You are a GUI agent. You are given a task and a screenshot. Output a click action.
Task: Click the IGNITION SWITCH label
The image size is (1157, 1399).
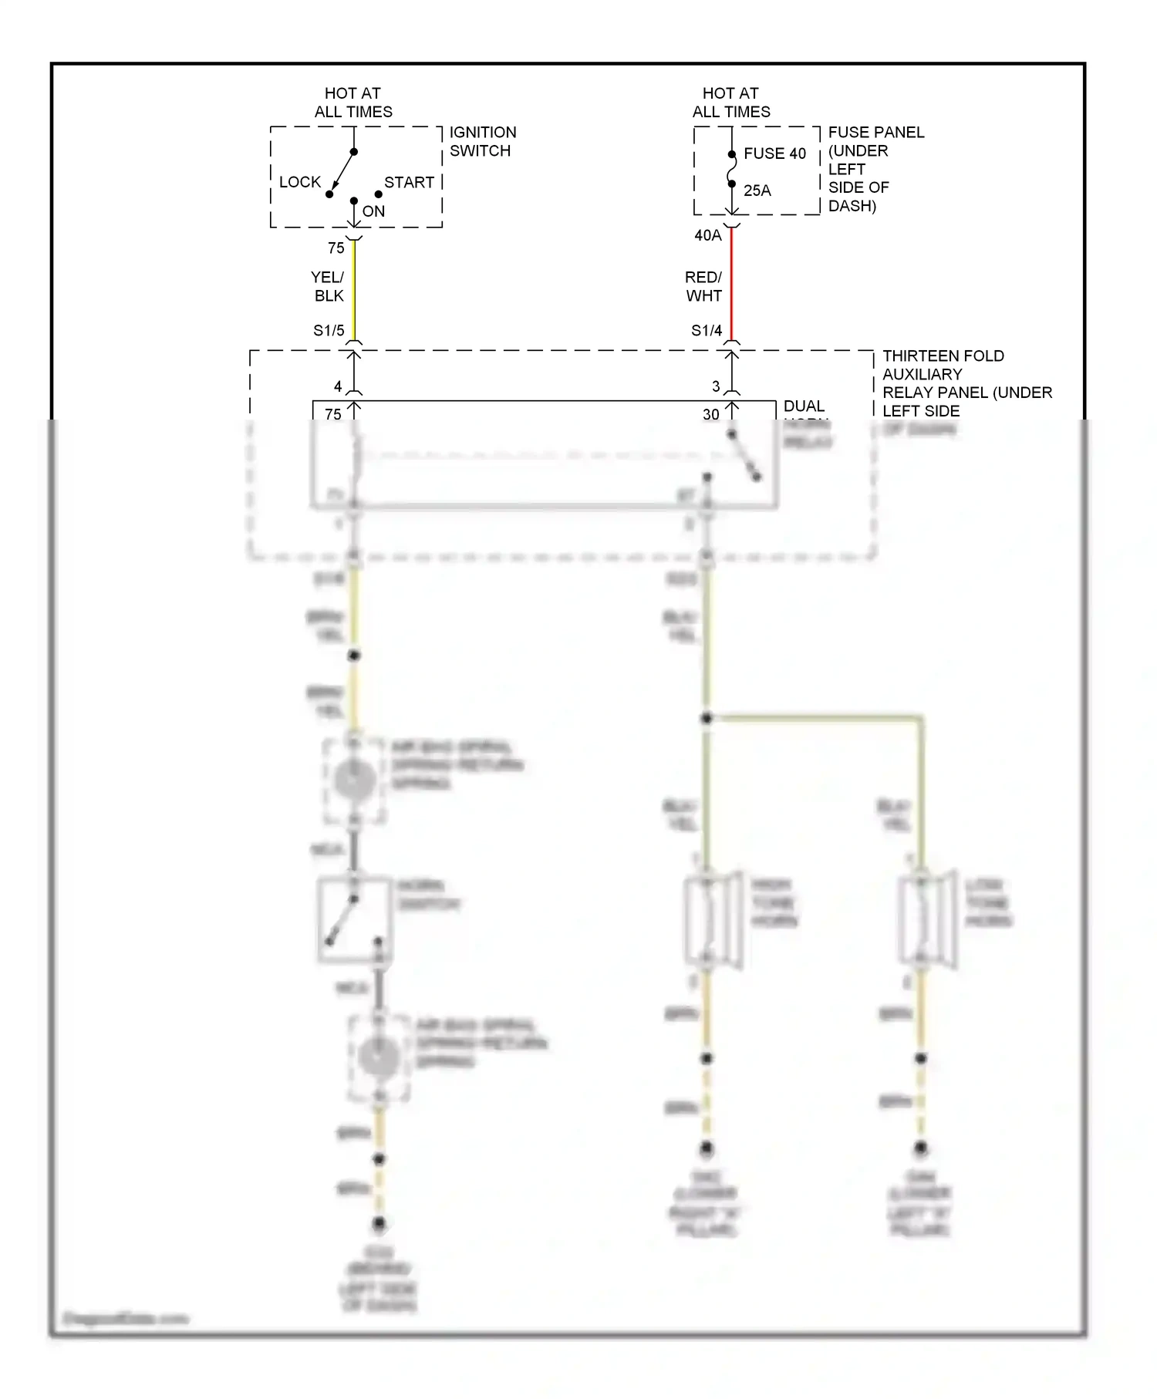(x=482, y=141)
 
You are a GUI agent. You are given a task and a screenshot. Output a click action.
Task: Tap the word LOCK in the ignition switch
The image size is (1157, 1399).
(x=299, y=182)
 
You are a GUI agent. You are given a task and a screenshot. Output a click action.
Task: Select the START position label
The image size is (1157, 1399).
(x=409, y=182)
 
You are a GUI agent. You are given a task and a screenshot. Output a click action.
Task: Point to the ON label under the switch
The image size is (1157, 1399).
(x=373, y=211)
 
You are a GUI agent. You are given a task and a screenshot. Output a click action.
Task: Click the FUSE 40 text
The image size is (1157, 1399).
(x=774, y=153)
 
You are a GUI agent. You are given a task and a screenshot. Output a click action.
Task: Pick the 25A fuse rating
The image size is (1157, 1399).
(x=757, y=190)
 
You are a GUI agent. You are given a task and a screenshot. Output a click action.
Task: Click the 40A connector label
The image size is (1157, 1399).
(x=707, y=235)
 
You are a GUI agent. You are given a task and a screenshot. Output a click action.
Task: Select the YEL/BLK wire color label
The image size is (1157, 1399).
(x=328, y=286)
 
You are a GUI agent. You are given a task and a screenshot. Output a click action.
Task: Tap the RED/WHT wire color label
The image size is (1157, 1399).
(x=703, y=286)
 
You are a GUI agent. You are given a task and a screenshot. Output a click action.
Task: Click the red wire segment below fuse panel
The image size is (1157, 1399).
(x=731, y=285)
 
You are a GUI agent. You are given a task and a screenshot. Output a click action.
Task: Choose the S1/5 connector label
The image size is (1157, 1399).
(x=329, y=331)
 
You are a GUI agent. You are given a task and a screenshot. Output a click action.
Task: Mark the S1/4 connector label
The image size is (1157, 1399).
(x=706, y=331)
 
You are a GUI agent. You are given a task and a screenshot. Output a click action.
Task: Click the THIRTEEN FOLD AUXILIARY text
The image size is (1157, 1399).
(x=943, y=365)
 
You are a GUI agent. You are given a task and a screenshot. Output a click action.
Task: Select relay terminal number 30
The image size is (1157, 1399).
(x=710, y=415)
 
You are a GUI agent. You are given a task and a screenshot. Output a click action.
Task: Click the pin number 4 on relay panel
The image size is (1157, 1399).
(x=338, y=386)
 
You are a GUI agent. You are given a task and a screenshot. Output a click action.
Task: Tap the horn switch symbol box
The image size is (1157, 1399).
(x=353, y=920)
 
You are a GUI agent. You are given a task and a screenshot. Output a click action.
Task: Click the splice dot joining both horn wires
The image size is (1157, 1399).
(x=707, y=719)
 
